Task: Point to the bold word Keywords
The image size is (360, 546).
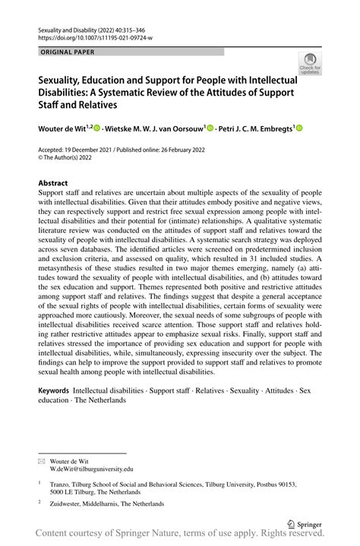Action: click(x=54, y=390)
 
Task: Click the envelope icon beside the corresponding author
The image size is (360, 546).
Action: click(x=43, y=460)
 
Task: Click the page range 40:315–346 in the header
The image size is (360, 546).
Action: click(x=130, y=27)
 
